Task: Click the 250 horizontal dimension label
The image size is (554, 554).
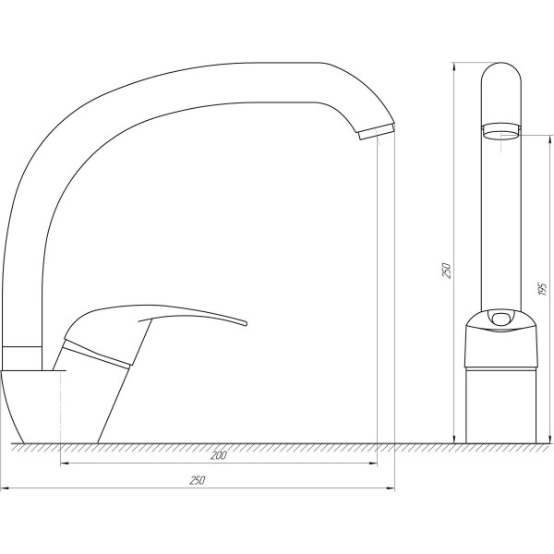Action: pyautogui.click(x=198, y=480)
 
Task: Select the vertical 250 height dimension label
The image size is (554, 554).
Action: pyautogui.click(x=447, y=271)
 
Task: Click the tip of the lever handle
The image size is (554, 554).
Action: pyautogui.click(x=246, y=323)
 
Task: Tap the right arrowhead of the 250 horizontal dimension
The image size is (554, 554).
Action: pyautogui.click(x=391, y=488)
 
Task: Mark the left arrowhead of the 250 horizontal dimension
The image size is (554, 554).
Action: pyautogui.click(x=5, y=488)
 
